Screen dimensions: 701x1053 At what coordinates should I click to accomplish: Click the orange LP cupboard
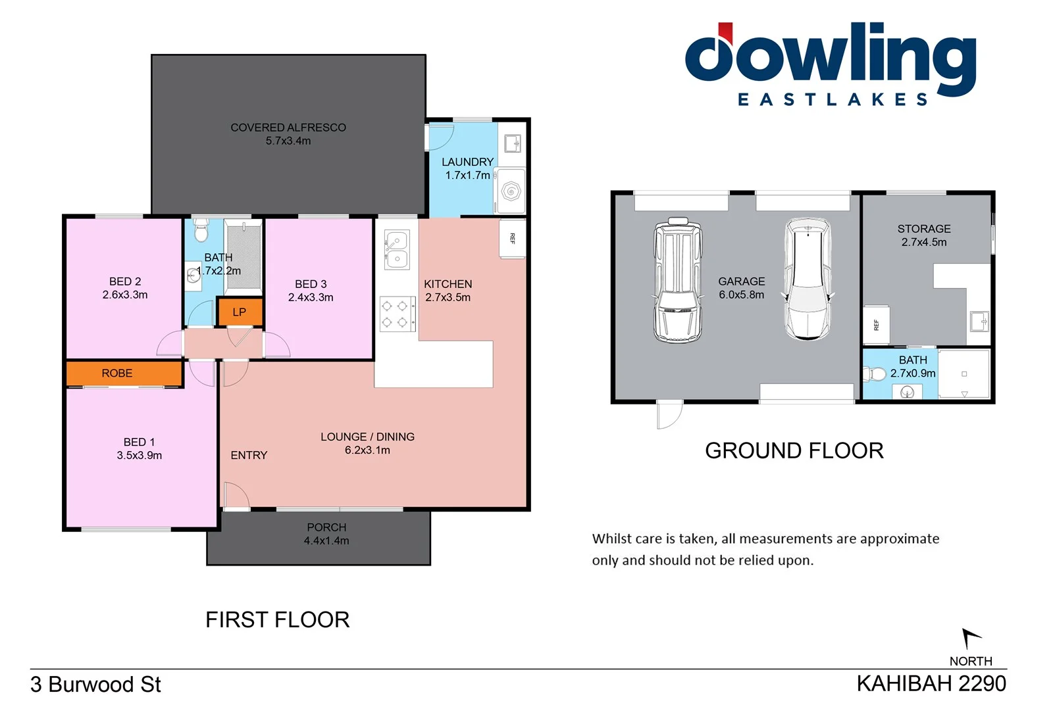click(240, 312)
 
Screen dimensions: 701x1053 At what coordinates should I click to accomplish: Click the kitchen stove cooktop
click(398, 314)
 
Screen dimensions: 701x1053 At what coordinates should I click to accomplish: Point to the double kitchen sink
click(397, 249)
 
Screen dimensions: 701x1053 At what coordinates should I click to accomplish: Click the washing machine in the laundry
click(511, 191)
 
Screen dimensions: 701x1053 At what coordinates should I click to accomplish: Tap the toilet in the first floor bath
click(201, 231)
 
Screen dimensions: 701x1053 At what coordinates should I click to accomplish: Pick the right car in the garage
click(808, 279)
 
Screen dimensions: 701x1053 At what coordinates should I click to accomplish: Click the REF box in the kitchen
click(513, 238)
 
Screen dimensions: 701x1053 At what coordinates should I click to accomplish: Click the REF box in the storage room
click(876, 325)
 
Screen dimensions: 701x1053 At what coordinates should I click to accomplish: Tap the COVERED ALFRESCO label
click(288, 128)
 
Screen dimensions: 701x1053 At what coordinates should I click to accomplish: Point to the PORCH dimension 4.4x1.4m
click(326, 541)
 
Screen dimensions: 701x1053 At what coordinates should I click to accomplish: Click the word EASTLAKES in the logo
click(833, 100)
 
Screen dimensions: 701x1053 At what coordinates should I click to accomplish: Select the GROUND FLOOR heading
click(794, 451)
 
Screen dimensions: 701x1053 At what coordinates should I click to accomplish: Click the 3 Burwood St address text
click(95, 685)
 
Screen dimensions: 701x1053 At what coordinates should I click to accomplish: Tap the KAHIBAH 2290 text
click(931, 684)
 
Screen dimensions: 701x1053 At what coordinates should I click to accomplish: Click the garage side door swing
click(669, 414)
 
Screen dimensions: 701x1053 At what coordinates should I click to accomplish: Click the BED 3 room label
click(311, 284)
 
